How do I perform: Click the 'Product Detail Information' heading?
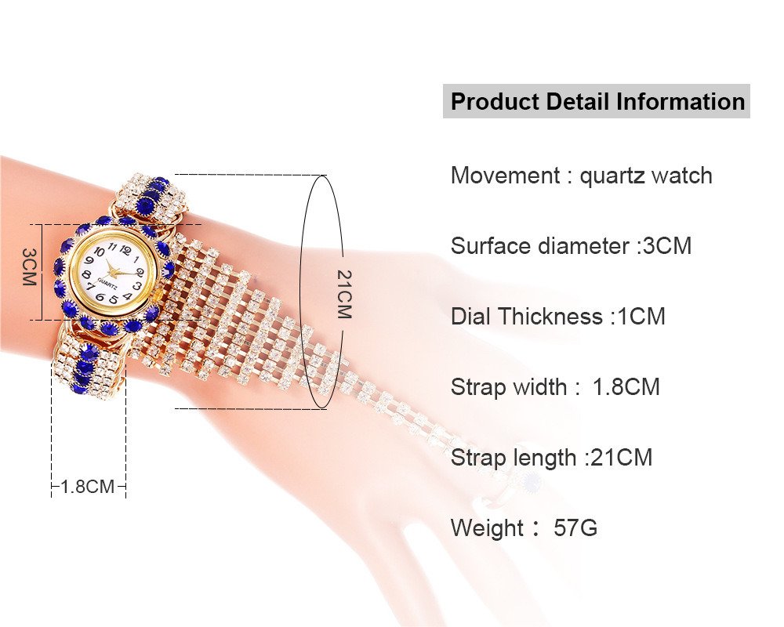(597, 102)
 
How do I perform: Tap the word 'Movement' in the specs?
(505, 176)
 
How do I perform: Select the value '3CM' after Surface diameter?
(667, 246)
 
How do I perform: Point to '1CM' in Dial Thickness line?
(641, 317)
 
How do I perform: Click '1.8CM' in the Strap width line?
(626, 387)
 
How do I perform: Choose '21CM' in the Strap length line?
(622, 458)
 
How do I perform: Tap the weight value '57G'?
(575, 528)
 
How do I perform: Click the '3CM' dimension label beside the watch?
(30, 266)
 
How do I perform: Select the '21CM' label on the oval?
(344, 295)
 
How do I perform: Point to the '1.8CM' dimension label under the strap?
(88, 486)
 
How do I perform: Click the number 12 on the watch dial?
(125, 249)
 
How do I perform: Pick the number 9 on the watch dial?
(90, 260)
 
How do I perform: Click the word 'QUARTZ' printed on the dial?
(108, 282)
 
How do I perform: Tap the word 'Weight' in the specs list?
(487, 528)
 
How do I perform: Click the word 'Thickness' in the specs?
(550, 317)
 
